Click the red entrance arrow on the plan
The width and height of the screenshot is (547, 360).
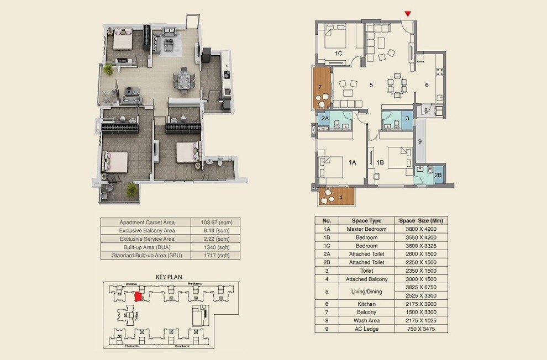(x=408, y=14)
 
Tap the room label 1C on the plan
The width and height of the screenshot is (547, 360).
(x=339, y=53)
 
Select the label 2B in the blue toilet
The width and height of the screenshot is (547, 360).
(x=438, y=175)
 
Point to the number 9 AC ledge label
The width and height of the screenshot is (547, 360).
(x=420, y=142)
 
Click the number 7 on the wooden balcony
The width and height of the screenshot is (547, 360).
(x=319, y=87)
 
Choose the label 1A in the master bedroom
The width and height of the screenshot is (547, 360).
(x=353, y=162)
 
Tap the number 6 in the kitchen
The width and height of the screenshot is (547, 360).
(x=427, y=85)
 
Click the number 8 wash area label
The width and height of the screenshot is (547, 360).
(x=425, y=110)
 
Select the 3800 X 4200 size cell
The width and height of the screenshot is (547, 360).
(x=422, y=229)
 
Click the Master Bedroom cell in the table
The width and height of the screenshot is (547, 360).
(x=366, y=229)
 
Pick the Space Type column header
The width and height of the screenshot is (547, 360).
(x=366, y=220)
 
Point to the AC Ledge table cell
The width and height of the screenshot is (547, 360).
(x=366, y=329)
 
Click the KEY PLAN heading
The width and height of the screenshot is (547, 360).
(x=169, y=277)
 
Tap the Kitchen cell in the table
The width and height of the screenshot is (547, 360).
(x=366, y=304)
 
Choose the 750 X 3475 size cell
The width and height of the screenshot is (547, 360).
(x=422, y=329)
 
